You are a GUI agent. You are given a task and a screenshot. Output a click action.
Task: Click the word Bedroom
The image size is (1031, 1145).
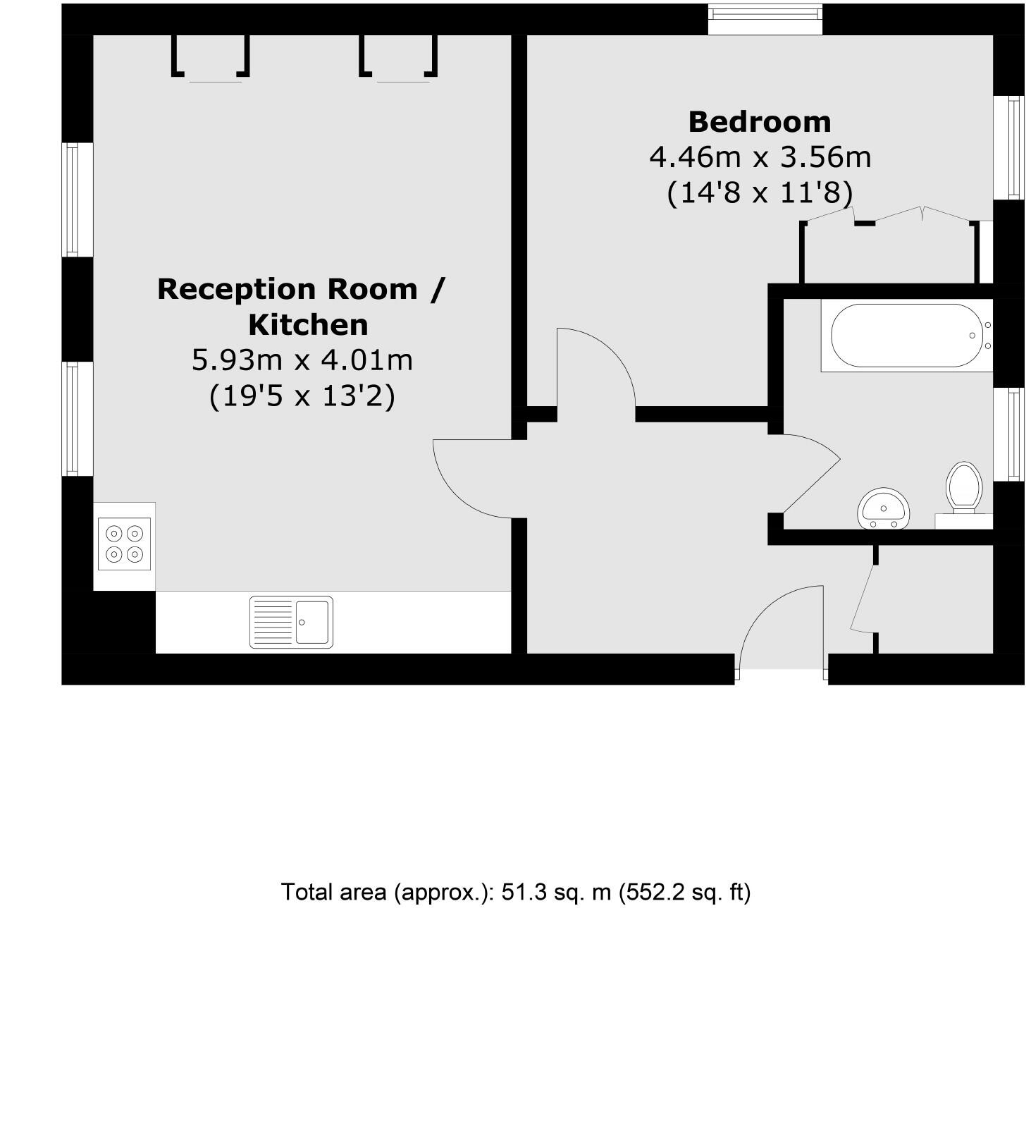760,122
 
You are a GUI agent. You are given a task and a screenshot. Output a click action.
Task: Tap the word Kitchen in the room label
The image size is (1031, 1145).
308,325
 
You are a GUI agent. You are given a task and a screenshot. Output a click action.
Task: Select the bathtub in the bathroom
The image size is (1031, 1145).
906,336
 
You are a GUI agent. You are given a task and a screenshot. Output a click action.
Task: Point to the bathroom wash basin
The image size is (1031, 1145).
884,508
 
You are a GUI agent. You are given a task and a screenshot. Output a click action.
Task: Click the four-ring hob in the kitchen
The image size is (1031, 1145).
124,544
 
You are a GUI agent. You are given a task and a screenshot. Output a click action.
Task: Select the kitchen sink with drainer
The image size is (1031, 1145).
291,622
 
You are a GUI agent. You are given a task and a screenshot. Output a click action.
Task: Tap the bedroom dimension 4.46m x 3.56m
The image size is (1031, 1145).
760,157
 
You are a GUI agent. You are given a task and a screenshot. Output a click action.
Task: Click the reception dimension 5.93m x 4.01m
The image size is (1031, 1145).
302,360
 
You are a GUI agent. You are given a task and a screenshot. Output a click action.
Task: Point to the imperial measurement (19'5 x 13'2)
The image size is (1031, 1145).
302,396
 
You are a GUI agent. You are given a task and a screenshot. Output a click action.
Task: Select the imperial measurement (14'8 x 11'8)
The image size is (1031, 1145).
760,192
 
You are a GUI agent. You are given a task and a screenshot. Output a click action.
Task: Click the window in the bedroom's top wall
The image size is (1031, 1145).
765,20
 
